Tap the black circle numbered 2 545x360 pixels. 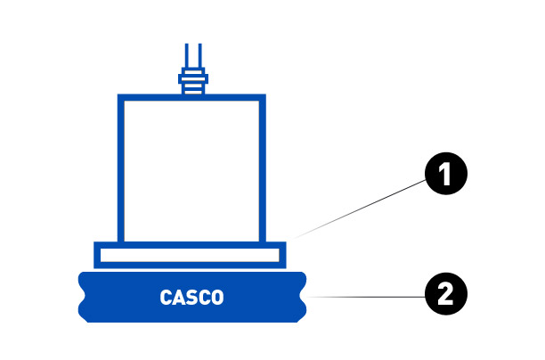coord(445,293)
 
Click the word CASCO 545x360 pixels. coord(191,297)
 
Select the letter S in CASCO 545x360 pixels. coord(191,297)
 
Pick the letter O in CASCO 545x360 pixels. coord(217,297)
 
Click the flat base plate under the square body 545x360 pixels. coord(191,255)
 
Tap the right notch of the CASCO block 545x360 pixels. coord(305,296)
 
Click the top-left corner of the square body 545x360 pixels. coord(120,97)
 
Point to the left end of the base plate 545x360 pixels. coord(97,255)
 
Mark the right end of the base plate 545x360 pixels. coord(284,255)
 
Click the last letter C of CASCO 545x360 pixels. coord(204,297)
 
